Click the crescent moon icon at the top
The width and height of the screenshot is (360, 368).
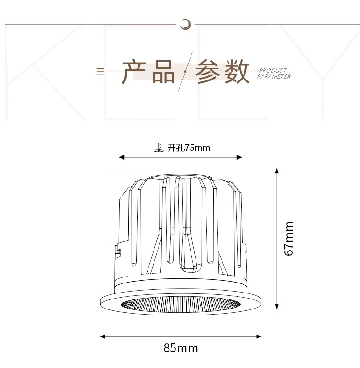point(185,23)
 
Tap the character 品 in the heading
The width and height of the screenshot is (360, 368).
point(163,72)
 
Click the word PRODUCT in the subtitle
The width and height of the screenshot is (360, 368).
point(273,70)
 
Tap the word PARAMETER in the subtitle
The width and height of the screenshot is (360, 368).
point(274,77)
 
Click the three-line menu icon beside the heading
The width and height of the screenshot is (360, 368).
point(100,71)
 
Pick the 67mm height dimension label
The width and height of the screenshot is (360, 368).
point(288,238)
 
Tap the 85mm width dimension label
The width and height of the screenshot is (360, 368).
point(181,348)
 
